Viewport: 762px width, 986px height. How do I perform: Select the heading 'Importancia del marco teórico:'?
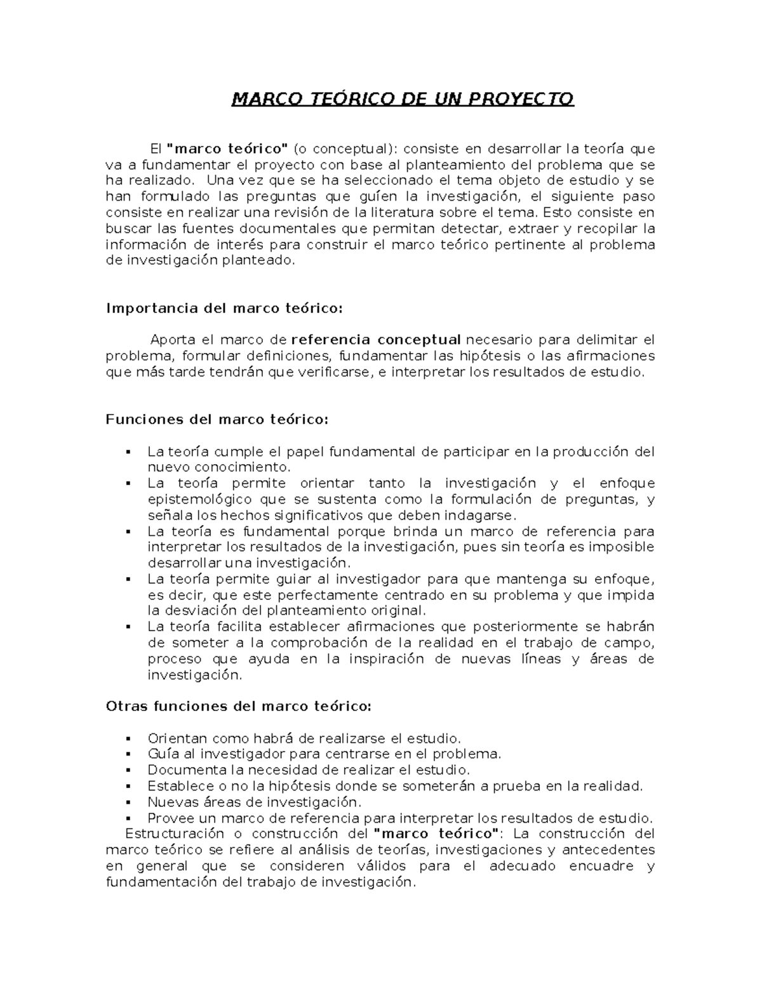[x=224, y=309]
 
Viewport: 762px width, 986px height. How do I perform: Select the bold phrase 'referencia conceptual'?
[x=375, y=340]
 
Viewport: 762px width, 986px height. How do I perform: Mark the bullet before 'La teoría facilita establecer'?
[x=129, y=627]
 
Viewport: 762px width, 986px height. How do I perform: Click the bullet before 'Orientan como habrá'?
[x=129, y=739]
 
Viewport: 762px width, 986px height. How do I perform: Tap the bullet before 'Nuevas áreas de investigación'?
[x=129, y=803]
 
